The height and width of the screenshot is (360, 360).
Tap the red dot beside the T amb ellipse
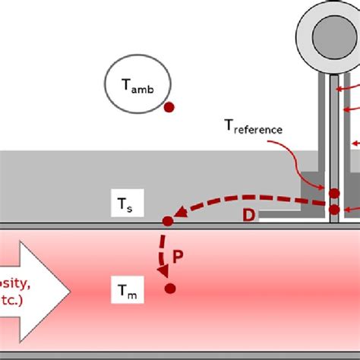(169, 108)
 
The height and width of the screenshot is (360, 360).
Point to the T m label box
(127, 289)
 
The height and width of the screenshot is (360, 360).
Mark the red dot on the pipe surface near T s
(168, 222)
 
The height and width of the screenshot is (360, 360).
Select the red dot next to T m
(170, 289)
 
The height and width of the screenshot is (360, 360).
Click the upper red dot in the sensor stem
(333, 193)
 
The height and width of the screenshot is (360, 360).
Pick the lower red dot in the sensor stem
(333, 210)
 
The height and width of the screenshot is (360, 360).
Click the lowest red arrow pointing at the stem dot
(350, 210)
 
